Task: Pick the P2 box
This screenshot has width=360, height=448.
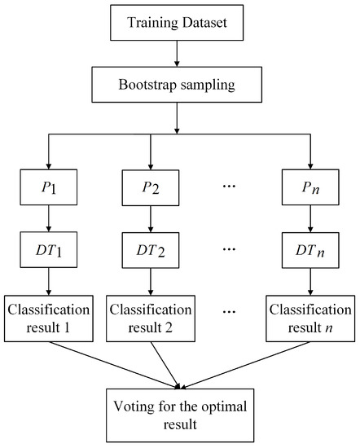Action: (x=151, y=188)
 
